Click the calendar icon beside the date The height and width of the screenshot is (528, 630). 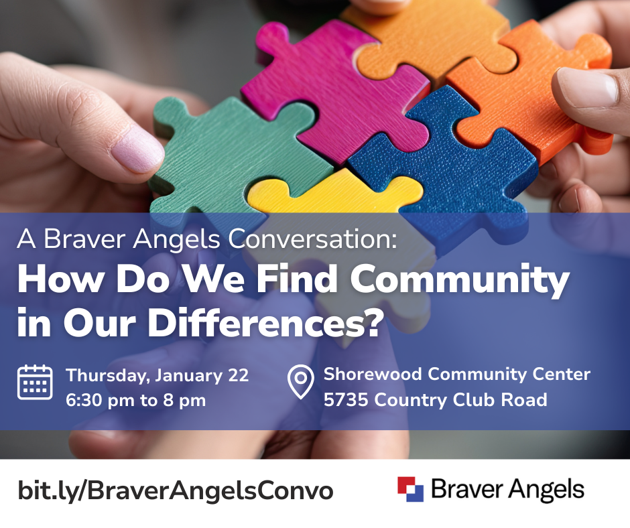point(35,382)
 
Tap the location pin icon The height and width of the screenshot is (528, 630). point(301,382)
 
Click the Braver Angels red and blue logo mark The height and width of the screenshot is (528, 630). point(410,489)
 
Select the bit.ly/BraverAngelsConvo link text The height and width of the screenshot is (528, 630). point(176,490)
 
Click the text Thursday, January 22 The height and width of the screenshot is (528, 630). point(157,375)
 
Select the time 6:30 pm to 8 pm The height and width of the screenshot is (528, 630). point(135,401)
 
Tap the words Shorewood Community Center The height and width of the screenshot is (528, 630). point(456,374)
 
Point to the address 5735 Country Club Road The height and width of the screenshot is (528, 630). point(435,400)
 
